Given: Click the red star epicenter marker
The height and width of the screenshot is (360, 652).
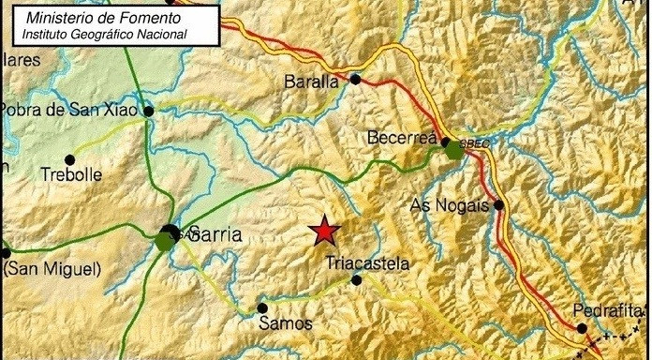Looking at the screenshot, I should click(324, 230).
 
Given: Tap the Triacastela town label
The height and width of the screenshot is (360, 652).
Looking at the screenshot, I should click(367, 263).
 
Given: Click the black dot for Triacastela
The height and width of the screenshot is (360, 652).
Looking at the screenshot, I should click(356, 279).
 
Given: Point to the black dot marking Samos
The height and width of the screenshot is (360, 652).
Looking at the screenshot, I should click(262, 307).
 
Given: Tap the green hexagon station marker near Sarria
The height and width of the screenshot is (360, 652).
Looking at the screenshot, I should click(165, 242).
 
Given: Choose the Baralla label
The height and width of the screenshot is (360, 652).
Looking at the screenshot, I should click(310, 82).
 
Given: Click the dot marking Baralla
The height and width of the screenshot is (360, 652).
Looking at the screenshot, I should click(355, 80).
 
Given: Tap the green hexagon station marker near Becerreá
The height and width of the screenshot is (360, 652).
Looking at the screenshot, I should click(455, 149).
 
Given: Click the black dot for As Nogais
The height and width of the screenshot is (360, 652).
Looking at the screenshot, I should click(499, 204).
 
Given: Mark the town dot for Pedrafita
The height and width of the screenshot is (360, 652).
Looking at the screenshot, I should click(582, 328).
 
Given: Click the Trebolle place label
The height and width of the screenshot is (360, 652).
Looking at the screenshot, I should click(71, 174).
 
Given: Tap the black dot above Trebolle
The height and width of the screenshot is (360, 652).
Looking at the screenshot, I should click(68, 158).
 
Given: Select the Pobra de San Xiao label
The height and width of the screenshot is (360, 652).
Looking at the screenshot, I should click(69, 110).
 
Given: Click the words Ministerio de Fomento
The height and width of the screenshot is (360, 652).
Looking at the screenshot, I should click(103, 19).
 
